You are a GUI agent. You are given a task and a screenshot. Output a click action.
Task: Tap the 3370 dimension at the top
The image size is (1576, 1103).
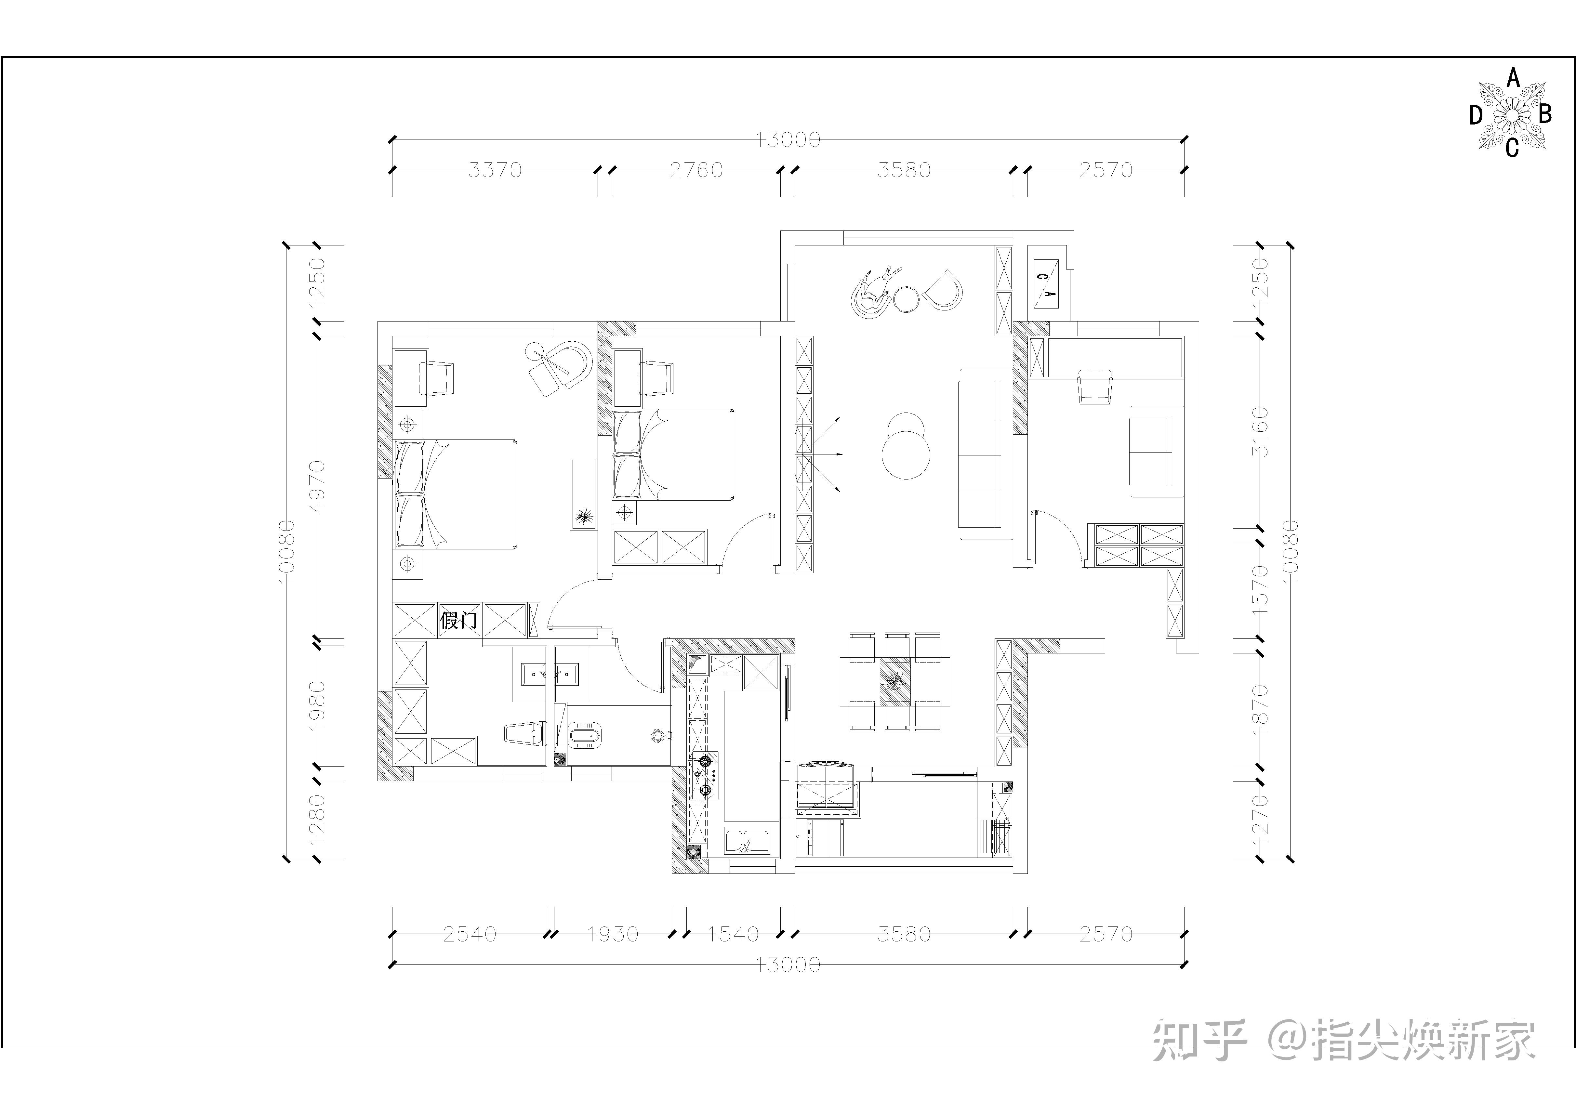coord(495,170)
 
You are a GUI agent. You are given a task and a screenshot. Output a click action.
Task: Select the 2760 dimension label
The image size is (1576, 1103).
coord(696,170)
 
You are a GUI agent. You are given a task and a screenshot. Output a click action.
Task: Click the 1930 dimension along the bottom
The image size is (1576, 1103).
coord(612,934)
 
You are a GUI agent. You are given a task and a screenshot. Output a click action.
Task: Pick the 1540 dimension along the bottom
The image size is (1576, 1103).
coord(733,934)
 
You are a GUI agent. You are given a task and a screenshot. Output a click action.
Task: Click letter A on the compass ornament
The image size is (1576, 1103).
coord(1513,79)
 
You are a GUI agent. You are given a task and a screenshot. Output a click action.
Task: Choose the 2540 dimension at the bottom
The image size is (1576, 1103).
coord(470,934)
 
